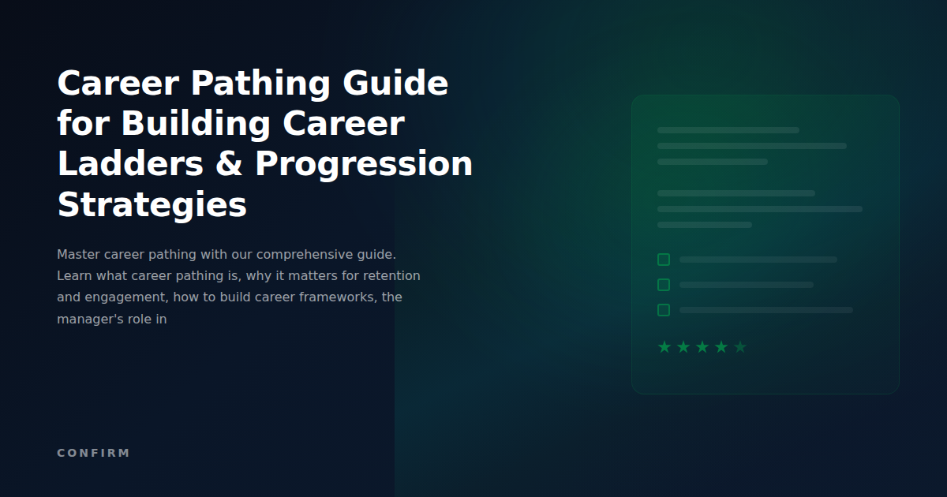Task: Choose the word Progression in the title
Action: (364, 165)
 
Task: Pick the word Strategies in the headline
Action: (152, 206)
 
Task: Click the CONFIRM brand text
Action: (93, 453)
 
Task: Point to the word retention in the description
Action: (392, 276)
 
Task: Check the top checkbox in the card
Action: (664, 260)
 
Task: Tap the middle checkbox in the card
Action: (664, 285)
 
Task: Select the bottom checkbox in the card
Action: (664, 310)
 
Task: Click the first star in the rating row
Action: (664, 347)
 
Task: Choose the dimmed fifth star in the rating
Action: (740, 347)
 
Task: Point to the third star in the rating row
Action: (702, 347)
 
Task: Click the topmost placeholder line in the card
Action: (728, 130)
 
